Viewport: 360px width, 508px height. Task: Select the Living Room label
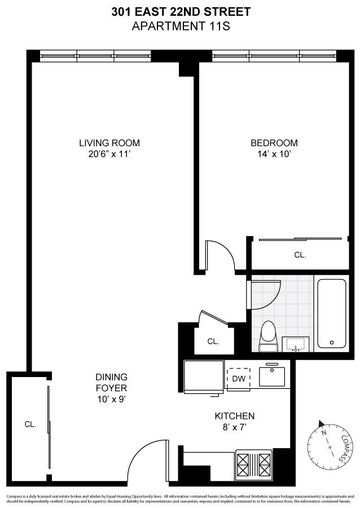coord(109,143)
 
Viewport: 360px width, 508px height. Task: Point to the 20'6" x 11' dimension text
coord(109,154)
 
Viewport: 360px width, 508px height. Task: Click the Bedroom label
coord(274,143)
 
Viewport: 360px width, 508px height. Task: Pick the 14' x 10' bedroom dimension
coord(274,154)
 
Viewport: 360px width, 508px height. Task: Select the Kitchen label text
coord(235,416)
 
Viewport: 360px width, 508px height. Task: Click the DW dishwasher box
coord(239,379)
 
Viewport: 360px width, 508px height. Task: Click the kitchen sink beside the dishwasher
coord(272,376)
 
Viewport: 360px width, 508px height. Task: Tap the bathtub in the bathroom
coord(332,313)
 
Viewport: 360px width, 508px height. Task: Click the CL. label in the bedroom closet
coord(300,255)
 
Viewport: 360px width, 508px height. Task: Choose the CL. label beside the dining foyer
coord(30,424)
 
